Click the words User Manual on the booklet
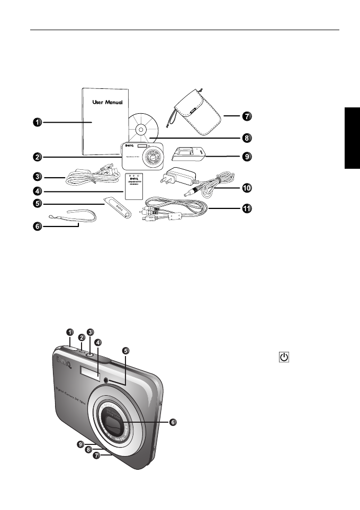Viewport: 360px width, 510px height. (x=108, y=101)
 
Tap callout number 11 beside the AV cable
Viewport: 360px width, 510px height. (x=246, y=208)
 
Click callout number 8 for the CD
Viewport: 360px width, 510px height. (x=246, y=138)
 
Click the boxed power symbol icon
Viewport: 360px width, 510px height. (x=284, y=358)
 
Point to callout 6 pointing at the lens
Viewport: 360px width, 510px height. (x=173, y=422)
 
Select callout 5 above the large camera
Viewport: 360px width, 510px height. (x=125, y=351)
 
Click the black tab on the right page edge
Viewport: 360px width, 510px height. (x=352, y=137)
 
